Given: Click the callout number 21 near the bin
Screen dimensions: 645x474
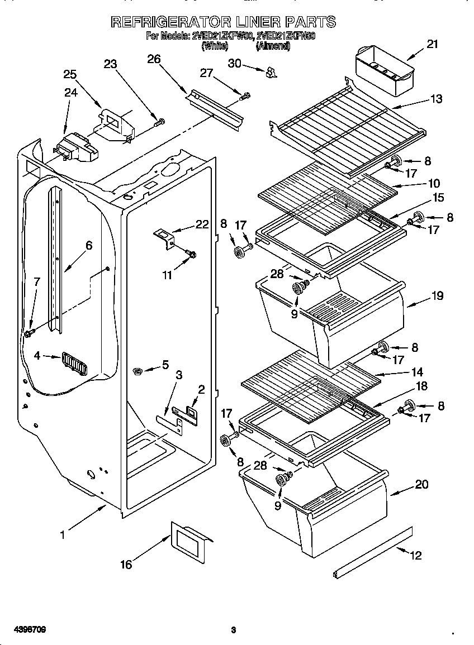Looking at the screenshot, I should (x=432, y=45).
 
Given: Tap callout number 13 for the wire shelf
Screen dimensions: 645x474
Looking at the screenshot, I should (x=437, y=99).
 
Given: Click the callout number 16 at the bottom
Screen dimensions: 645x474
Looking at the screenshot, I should (x=126, y=565).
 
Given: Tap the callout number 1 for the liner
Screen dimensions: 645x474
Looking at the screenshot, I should (x=63, y=534).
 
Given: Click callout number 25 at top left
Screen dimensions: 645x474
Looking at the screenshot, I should (x=70, y=74).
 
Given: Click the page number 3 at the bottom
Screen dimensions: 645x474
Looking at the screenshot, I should (x=234, y=630).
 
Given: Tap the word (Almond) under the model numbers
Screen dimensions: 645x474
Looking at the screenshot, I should (x=272, y=47).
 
